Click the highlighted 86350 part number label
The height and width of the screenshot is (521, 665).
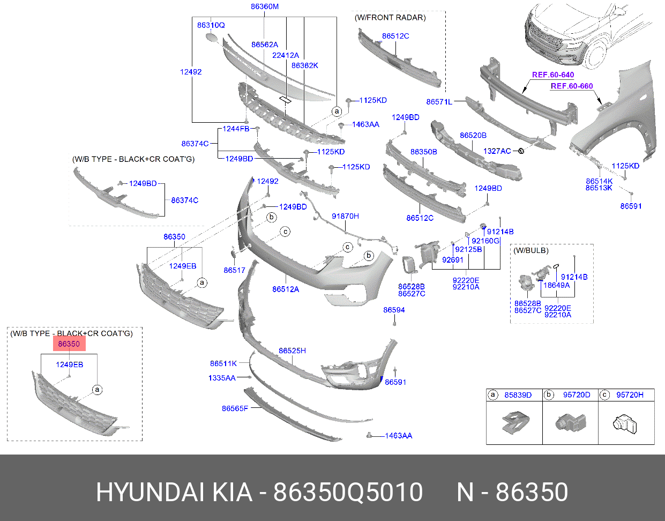pyautogui.click(x=69, y=344)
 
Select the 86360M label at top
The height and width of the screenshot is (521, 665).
pyautogui.click(x=265, y=7)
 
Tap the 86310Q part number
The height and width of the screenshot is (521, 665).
pyautogui.click(x=211, y=25)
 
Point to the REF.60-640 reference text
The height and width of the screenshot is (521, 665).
pyautogui.click(x=553, y=75)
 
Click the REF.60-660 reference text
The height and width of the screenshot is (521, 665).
pyautogui.click(x=572, y=86)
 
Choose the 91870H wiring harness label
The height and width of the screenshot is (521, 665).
pyautogui.click(x=345, y=216)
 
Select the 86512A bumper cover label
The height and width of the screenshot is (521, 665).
pyautogui.click(x=286, y=289)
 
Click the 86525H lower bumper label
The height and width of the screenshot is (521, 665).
pyautogui.click(x=292, y=351)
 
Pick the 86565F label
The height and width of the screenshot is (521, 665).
pyautogui.click(x=235, y=408)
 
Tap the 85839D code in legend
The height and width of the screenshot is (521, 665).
pyautogui.click(x=518, y=395)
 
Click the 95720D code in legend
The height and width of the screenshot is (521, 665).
pyautogui.click(x=577, y=395)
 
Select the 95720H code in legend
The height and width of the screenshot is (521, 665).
pyautogui.click(x=630, y=395)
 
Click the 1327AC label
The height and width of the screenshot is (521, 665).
pyautogui.click(x=497, y=151)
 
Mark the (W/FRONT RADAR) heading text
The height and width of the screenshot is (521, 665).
pyautogui.click(x=390, y=18)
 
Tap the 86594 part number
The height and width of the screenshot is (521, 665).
pyautogui.click(x=394, y=310)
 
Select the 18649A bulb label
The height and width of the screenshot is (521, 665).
pyautogui.click(x=556, y=286)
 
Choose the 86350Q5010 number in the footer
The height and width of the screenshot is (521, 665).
pyautogui.click(x=348, y=492)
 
